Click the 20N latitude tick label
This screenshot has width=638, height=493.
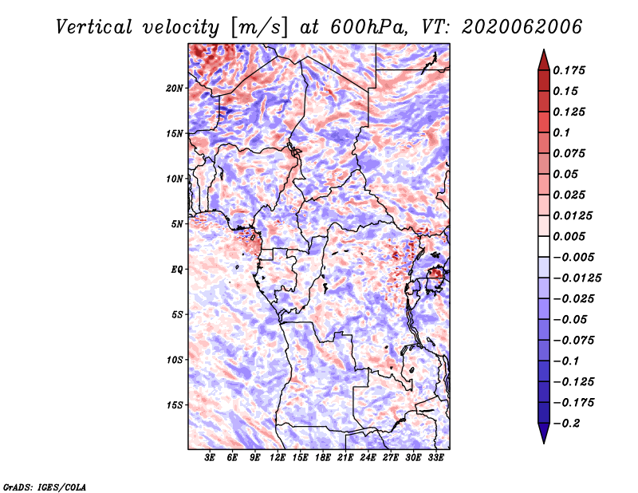coord(175,89)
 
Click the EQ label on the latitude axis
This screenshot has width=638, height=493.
coord(177,270)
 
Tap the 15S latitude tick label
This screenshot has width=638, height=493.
coord(175,405)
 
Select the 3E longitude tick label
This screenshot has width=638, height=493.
coord(210,458)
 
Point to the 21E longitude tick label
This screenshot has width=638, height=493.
coord(345,458)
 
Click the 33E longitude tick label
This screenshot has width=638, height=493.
coord(435,458)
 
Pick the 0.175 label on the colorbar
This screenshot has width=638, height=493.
coord(569,70)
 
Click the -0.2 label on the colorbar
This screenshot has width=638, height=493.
coord(566,424)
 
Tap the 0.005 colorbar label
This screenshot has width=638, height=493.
coord(569,236)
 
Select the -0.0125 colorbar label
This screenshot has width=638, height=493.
coord(577,278)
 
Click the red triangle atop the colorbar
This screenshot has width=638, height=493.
coord(544,60)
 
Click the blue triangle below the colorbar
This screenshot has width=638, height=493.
coord(544,433)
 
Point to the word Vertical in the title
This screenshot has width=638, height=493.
coord(94,27)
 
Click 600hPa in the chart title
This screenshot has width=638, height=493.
coord(368,27)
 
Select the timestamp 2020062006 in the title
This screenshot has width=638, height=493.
coord(522,27)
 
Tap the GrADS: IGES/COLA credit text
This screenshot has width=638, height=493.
coord(45,487)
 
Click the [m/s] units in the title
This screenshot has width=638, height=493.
coord(258,27)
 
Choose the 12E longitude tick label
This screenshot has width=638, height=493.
coord(278,458)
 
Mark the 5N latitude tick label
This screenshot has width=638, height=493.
coord(177,224)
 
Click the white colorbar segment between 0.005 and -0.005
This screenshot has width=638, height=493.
coord(544,246)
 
